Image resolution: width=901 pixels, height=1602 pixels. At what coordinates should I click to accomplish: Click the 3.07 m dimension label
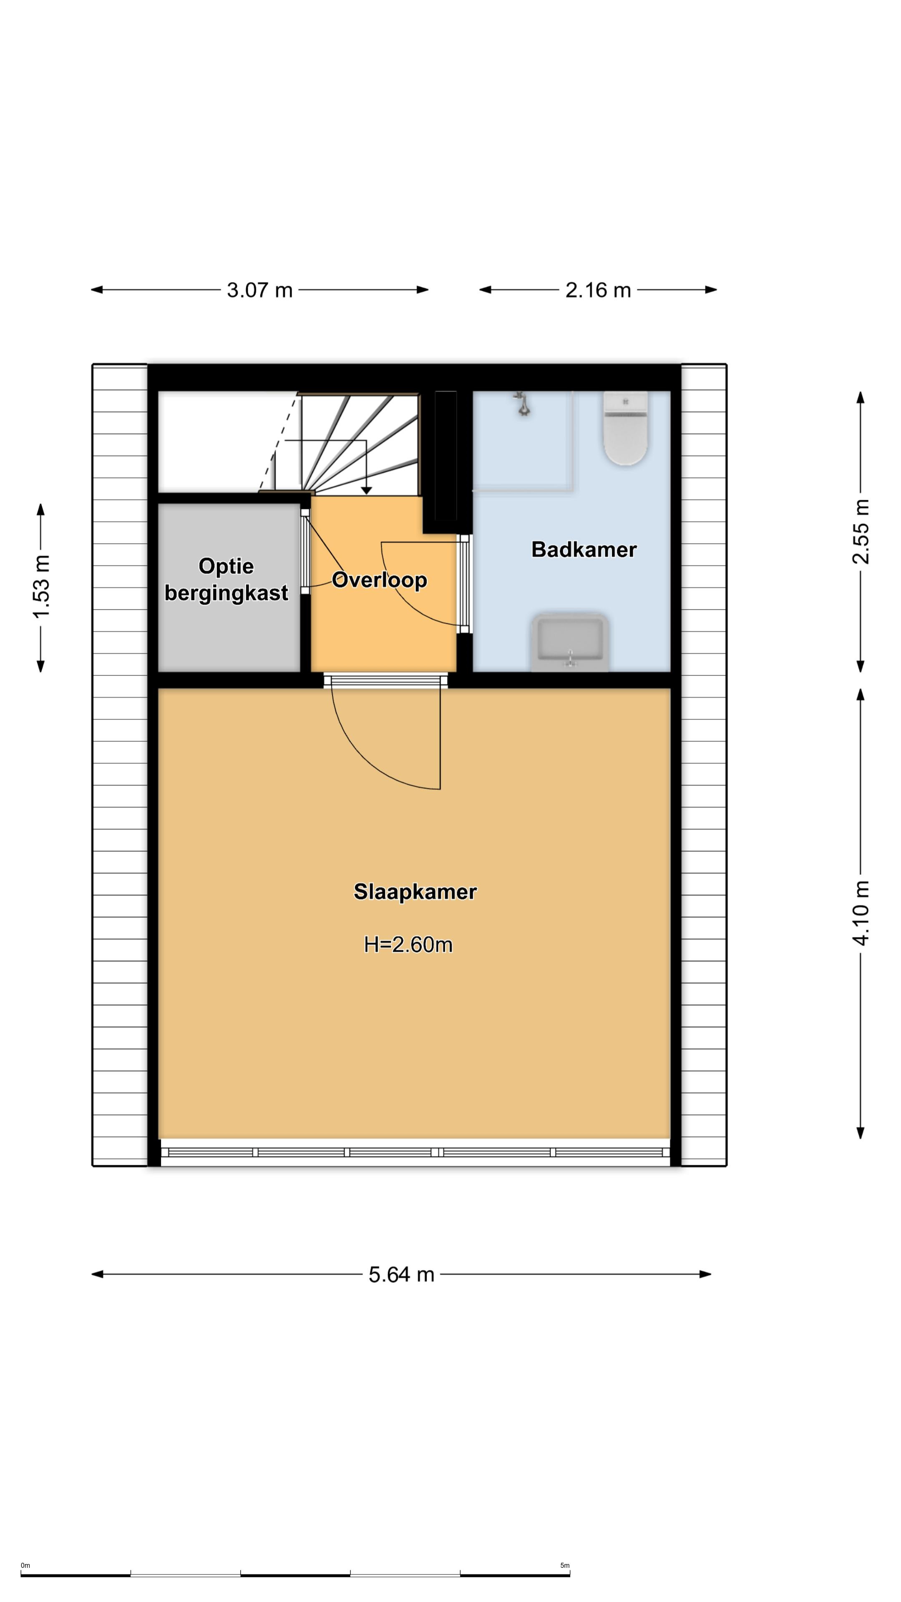coord(259,290)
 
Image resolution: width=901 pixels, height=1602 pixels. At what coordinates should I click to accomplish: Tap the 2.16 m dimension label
coord(598,290)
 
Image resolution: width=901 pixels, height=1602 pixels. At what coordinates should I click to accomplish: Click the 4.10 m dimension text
coord(861,913)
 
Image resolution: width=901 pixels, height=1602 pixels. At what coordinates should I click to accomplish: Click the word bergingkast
coord(227,593)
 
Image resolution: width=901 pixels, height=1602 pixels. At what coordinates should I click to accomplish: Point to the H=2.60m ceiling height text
coord(408,945)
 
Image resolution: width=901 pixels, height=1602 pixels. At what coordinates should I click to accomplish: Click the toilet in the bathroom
coord(626,428)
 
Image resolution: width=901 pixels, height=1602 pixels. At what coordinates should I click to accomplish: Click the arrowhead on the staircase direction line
coord(366,491)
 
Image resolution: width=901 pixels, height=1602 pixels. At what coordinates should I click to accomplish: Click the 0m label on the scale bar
coord(25,1565)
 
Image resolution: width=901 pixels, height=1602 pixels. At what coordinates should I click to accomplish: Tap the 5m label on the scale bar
coord(565,1565)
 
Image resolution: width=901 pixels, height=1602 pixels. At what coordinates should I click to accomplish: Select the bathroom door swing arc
coord(413,597)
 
